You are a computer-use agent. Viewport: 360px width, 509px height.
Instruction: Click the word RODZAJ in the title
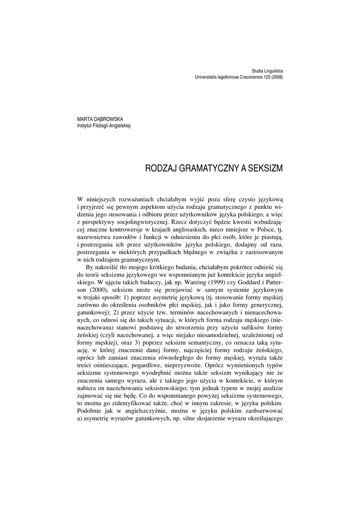click(x=159, y=169)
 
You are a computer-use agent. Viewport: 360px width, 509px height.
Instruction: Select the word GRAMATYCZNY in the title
click(x=204, y=169)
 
